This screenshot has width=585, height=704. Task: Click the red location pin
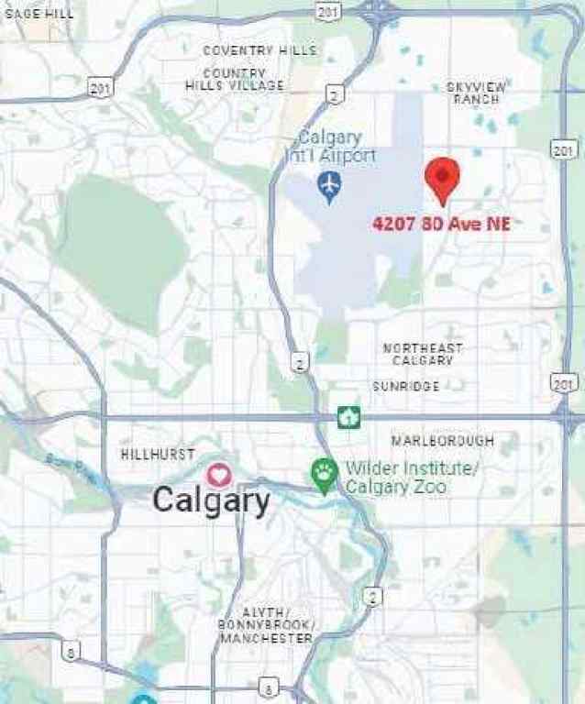coord(443,178)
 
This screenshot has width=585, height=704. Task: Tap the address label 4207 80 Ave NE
coord(440,223)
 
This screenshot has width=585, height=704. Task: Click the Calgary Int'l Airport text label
coord(336,147)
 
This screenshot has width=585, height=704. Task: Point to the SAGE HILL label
coord(40,13)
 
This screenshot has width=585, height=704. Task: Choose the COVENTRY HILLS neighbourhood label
coord(259,50)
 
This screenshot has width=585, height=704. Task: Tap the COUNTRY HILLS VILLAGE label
coord(235,79)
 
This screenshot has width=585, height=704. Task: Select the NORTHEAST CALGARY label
coord(424,355)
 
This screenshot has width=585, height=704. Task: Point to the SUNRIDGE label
coord(405,387)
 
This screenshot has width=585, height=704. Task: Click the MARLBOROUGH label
coord(443,441)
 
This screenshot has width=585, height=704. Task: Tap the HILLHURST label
coord(158,455)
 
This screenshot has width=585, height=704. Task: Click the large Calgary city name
coord(211,500)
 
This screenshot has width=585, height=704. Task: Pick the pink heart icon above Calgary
coord(218,475)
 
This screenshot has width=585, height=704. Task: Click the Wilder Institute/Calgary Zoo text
coord(413,478)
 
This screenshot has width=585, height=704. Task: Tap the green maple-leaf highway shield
coord(348,418)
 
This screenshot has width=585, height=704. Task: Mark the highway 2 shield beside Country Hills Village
coord(337,93)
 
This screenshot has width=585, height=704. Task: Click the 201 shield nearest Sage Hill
coord(101,87)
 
